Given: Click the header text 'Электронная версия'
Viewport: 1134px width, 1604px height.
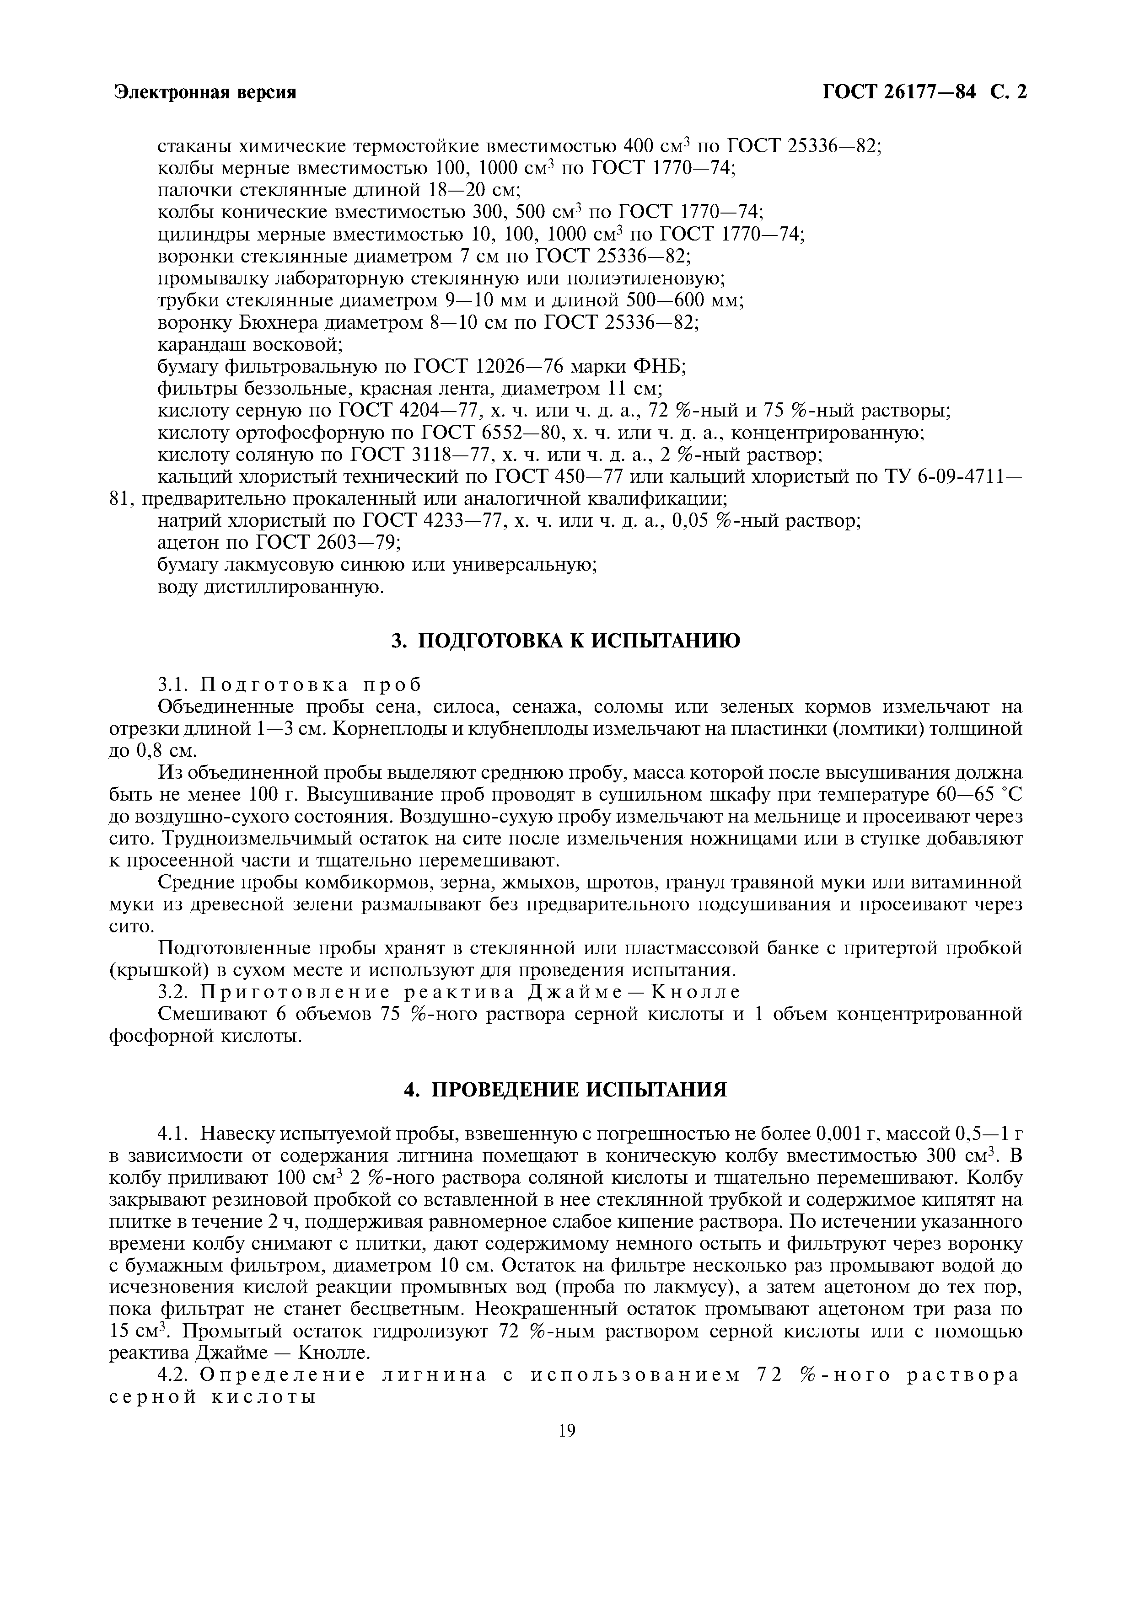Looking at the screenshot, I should coord(205,93).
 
